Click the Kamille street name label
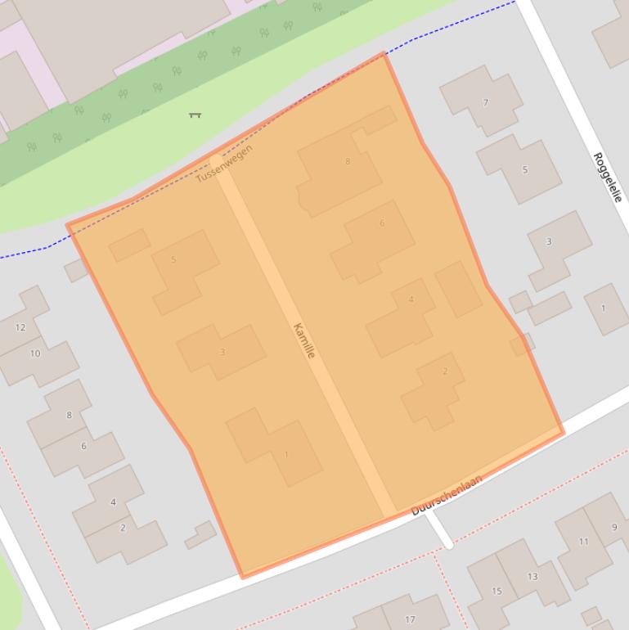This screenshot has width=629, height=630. click(x=303, y=340)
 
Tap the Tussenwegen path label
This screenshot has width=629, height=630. click(x=223, y=164)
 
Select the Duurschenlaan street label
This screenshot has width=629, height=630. click(x=447, y=495)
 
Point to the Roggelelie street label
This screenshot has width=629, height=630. click(x=608, y=177)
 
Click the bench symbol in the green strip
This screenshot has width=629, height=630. click(x=195, y=115)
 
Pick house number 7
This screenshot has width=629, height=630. click(x=486, y=102)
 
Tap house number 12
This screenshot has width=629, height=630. click(x=20, y=327)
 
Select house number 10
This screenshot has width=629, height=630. click(x=35, y=353)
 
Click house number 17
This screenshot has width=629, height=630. click(x=410, y=619)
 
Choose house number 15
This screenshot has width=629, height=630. click(x=496, y=591)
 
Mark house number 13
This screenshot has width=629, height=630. click(x=532, y=576)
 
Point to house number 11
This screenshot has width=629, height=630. click(x=583, y=541)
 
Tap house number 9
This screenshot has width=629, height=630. click(x=614, y=527)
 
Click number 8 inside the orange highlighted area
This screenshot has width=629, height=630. click(x=348, y=161)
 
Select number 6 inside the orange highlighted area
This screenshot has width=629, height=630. click(x=381, y=223)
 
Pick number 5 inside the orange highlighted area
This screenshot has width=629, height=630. click(x=173, y=259)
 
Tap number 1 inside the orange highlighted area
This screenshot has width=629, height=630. click(x=286, y=454)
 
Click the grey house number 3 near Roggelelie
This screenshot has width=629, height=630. click(x=548, y=241)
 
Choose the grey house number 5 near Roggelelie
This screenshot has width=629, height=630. click(x=524, y=170)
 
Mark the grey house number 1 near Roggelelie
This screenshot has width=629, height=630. click(x=603, y=308)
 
